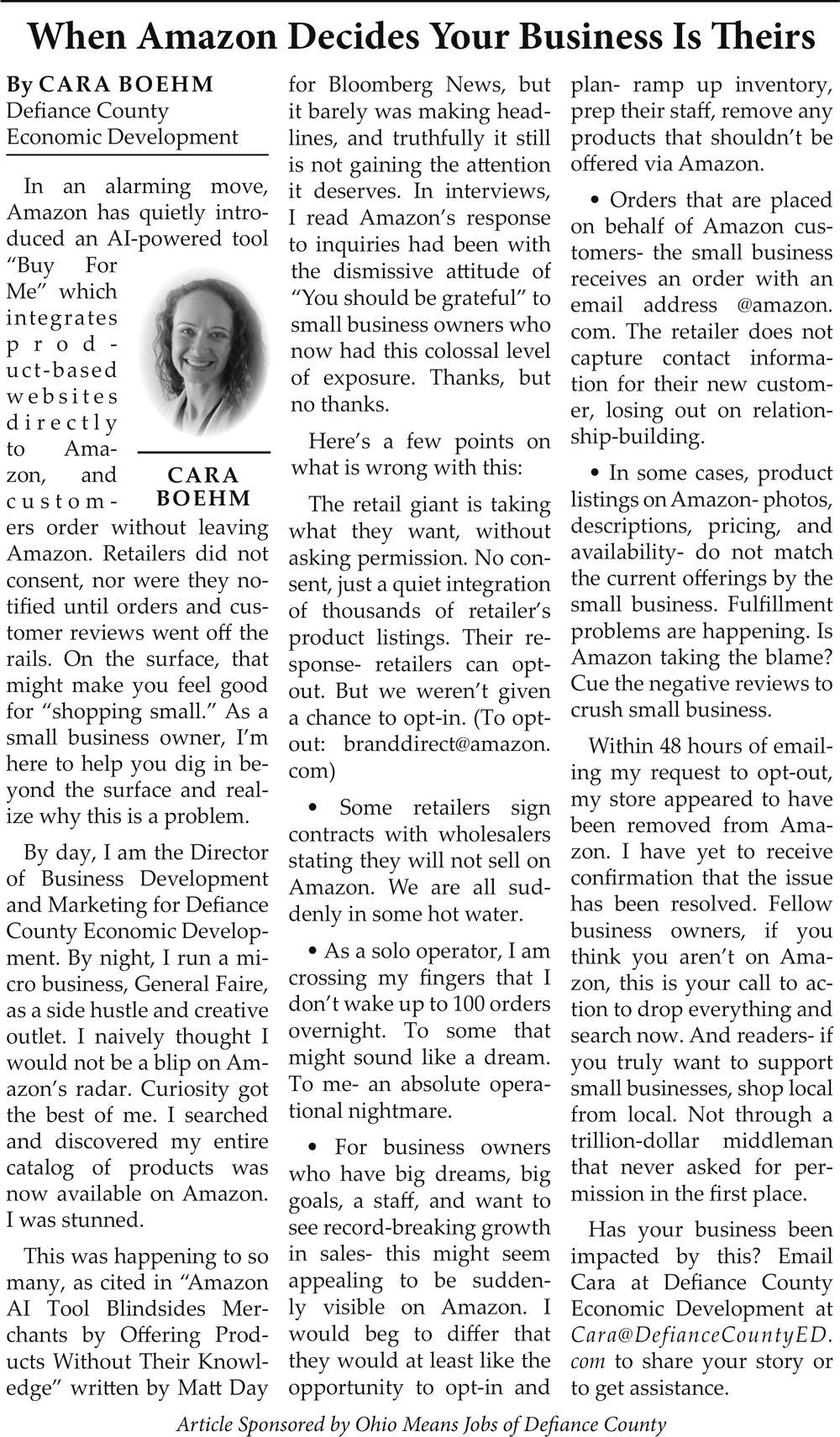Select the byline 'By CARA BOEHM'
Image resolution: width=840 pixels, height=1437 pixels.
[110, 84]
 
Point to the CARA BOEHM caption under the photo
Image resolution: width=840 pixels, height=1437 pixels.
[204, 487]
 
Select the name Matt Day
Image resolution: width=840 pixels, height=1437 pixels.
[221, 1388]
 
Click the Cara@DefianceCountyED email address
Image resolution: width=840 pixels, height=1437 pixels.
[701, 1335]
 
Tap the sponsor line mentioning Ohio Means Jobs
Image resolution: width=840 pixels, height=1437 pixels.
[421, 1424]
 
